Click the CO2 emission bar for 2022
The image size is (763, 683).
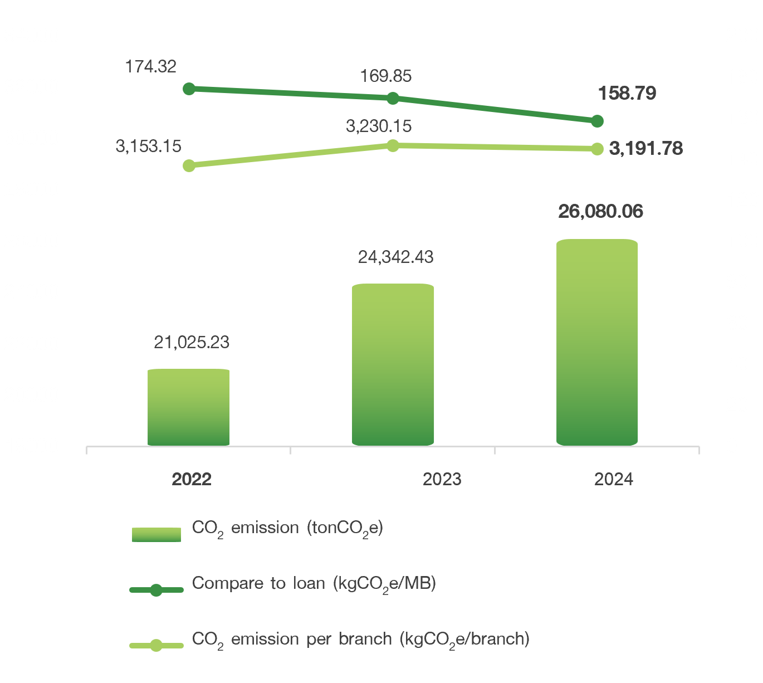(x=189, y=407)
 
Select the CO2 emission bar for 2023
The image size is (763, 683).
(x=393, y=365)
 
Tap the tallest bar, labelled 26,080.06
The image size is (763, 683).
(x=597, y=343)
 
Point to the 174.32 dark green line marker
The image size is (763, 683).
(x=189, y=89)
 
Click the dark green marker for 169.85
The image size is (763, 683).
(x=393, y=98)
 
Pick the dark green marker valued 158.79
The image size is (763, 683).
(x=597, y=121)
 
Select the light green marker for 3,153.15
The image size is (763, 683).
(x=189, y=165)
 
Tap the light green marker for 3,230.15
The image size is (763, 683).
(x=393, y=145)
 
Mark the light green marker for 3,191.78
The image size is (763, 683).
(x=597, y=149)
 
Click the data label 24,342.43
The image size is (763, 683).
(x=395, y=257)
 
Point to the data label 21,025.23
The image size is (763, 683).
(x=192, y=342)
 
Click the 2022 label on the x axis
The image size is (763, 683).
(x=192, y=480)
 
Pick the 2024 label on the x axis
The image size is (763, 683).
(x=613, y=480)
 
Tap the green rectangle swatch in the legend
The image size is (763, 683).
(x=156, y=534)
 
